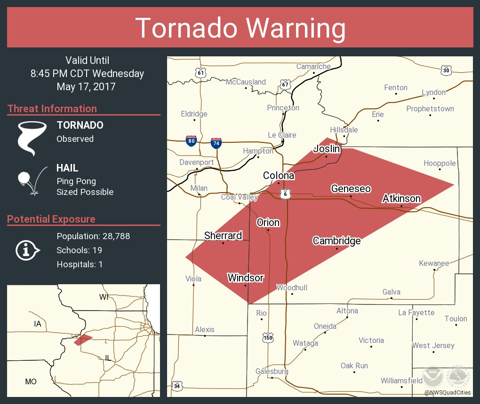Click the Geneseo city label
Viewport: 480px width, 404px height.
(351, 189)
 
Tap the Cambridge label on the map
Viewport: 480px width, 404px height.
(336, 241)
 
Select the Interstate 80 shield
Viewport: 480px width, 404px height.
(191, 141)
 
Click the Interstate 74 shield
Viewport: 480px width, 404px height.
(216, 142)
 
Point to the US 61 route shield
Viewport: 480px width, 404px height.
(201, 72)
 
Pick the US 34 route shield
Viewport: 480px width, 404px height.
(176, 386)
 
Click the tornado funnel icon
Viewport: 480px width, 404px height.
(32, 138)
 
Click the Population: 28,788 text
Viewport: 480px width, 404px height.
(93, 236)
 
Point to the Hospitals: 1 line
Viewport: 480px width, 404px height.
(80, 264)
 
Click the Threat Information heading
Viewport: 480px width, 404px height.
(52, 109)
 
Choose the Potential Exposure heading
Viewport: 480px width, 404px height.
(51, 219)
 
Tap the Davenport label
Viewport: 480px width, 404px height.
(197, 163)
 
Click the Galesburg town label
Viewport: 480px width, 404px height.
(272, 371)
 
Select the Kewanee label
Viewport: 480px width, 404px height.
(434, 263)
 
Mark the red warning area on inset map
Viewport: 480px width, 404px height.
(83, 339)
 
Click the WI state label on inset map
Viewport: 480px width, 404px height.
(104, 297)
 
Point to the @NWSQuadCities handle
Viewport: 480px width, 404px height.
(447, 392)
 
